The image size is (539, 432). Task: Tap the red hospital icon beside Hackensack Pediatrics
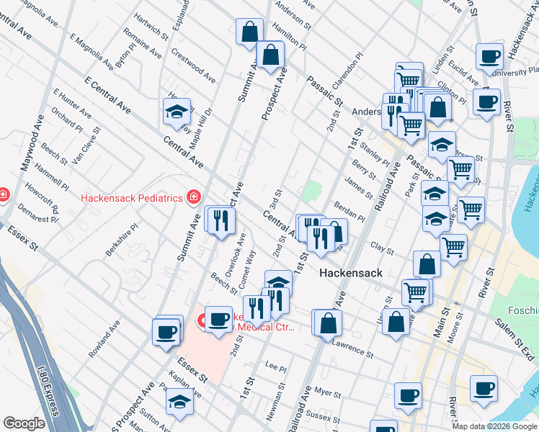(192, 197)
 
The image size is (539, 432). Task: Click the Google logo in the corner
(24, 423)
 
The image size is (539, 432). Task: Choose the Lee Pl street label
(276, 367)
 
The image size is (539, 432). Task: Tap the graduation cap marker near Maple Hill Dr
(177, 112)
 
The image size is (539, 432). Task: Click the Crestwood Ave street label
(193, 66)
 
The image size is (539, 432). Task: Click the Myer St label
(327, 393)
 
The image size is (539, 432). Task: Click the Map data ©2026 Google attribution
(495, 426)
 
